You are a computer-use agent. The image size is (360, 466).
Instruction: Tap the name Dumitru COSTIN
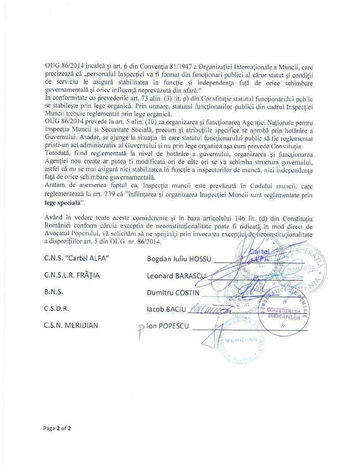point(173,292)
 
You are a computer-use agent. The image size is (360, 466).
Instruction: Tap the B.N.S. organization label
point(54,292)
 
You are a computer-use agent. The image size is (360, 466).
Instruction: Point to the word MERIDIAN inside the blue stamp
point(241,341)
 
